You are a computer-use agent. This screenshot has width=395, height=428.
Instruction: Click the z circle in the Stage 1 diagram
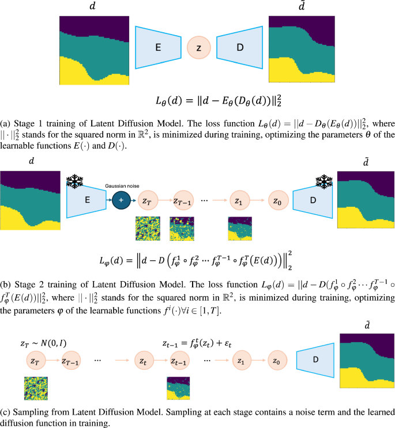[x=199, y=49]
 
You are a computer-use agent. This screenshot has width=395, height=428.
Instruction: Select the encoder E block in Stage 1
[x=157, y=49]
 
